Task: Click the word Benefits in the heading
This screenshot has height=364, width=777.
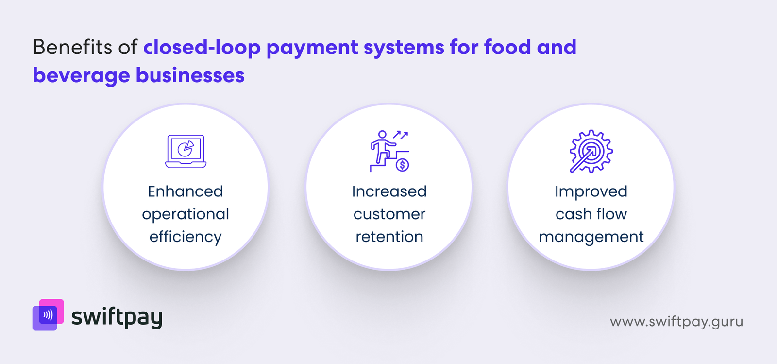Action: pyautogui.click(x=72, y=47)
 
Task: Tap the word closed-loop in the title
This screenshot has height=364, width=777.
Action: pyautogui.click(x=202, y=47)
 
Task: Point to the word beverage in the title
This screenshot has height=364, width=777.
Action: pyautogui.click(x=81, y=76)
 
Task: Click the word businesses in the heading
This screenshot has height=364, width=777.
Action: pyautogui.click(x=190, y=75)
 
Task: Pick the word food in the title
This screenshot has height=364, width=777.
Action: pyautogui.click(x=507, y=47)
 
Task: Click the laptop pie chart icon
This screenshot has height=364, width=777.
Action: pyautogui.click(x=186, y=151)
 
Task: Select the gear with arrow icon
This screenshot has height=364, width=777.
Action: pyautogui.click(x=591, y=151)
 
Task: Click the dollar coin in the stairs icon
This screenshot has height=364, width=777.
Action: pyautogui.click(x=402, y=165)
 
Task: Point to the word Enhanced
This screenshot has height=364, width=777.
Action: pyautogui.click(x=186, y=191)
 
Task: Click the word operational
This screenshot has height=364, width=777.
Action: pyautogui.click(x=186, y=214)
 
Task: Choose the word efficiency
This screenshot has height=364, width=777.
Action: pyautogui.click(x=186, y=237)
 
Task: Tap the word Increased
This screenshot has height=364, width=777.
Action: pyautogui.click(x=389, y=191)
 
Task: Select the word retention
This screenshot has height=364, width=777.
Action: pyautogui.click(x=389, y=237)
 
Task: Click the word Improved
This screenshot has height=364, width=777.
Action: pyautogui.click(x=591, y=192)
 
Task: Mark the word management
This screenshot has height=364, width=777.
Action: pyautogui.click(x=591, y=237)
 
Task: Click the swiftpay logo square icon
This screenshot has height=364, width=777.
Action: pyautogui.click(x=48, y=315)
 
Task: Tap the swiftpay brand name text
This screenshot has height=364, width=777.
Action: pyautogui.click(x=117, y=317)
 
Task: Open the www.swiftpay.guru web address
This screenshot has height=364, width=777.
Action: pyautogui.click(x=676, y=322)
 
